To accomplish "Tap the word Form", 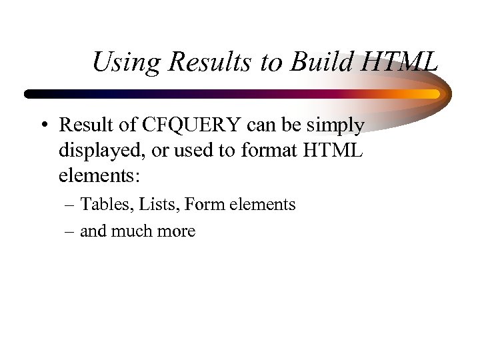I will coord(205,205).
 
